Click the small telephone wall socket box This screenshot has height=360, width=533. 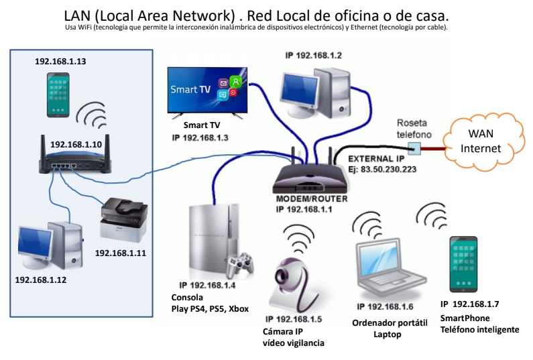click(x=414, y=147)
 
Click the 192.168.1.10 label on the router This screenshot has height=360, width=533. click(x=75, y=144)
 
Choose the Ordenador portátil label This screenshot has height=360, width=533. click(x=390, y=322)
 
